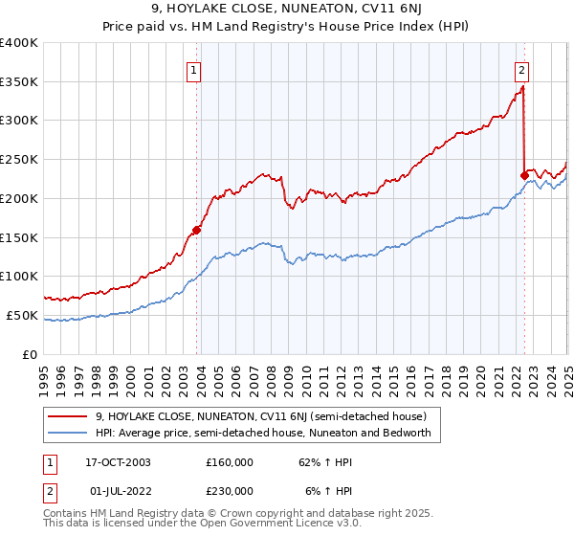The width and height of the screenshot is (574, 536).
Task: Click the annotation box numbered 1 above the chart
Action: (194, 69)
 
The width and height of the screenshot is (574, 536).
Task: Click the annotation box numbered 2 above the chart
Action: (522, 69)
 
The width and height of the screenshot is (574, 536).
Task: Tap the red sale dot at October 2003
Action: (196, 229)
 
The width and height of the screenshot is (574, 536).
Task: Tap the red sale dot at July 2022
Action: (523, 174)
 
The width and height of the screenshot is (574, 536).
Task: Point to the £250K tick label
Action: (19, 159)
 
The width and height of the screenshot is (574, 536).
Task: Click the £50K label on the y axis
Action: (23, 315)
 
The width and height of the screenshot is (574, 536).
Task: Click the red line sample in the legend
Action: (68, 415)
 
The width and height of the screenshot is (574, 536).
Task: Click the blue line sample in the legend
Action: (68, 433)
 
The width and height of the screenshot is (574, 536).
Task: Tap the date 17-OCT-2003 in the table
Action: (118, 462)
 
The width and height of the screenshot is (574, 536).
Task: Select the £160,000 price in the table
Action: (230, 462)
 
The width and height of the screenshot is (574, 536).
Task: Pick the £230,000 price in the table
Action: (230, 491)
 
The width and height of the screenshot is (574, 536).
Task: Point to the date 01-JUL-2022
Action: (118, 491)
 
